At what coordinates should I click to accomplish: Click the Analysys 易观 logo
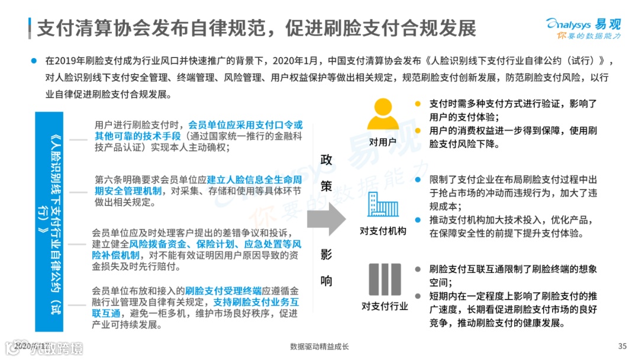(583, 24)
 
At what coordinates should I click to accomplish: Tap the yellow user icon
(383, 115)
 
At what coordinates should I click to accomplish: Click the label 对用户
(382, 142)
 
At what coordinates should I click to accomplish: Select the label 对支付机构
(383, 231)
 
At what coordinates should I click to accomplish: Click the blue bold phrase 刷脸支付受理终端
(223, 291)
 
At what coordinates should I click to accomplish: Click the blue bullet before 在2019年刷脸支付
(33, 60)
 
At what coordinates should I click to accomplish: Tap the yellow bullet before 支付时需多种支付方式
(418, 103)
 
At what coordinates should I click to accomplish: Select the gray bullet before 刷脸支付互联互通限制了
(418, 268)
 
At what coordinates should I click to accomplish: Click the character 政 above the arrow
(326, 159)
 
